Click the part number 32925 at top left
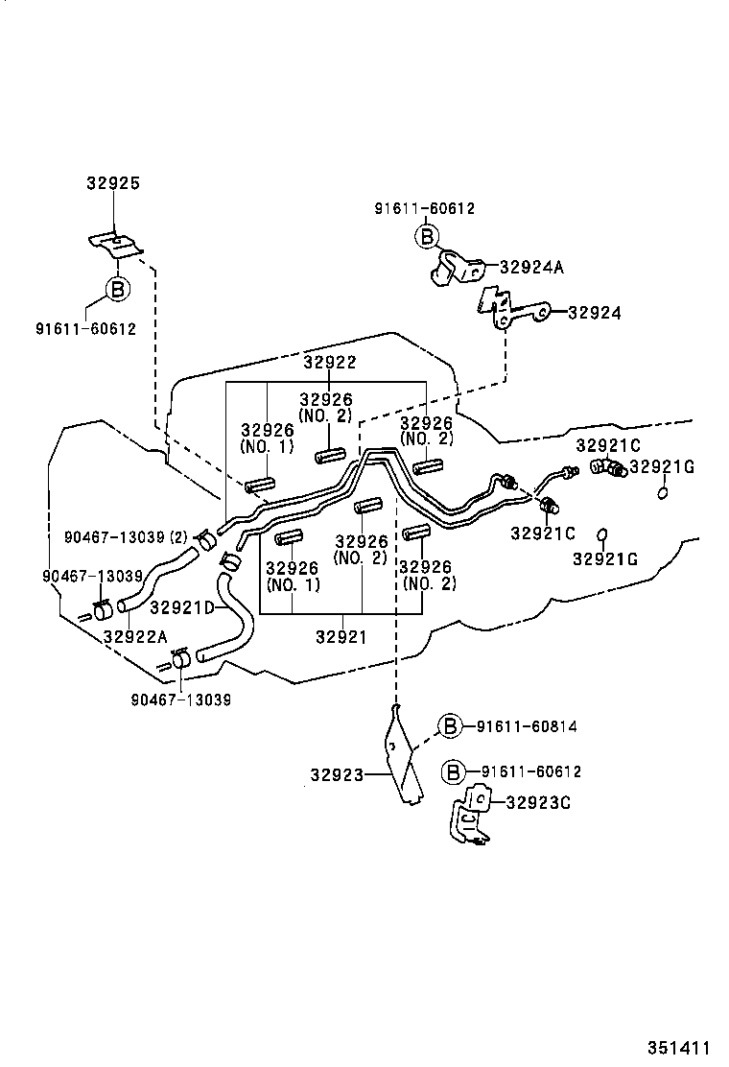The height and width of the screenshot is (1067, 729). point(113,182)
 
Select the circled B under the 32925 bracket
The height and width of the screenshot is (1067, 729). point(115,288)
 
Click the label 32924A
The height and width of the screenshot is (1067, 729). point(530,268)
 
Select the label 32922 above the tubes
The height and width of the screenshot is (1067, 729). point(329,362)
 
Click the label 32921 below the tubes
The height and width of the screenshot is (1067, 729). point(341,636)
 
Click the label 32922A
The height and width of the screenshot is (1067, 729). point(135,636)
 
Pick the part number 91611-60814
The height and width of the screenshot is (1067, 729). point(526,726)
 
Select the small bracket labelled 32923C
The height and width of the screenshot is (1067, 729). point(472,816)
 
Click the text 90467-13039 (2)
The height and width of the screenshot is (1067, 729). point(126,536)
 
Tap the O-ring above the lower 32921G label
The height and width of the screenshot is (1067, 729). point(602,534)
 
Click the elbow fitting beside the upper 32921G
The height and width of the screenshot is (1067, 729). point(607,467)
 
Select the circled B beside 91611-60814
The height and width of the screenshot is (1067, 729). point(452,726)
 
